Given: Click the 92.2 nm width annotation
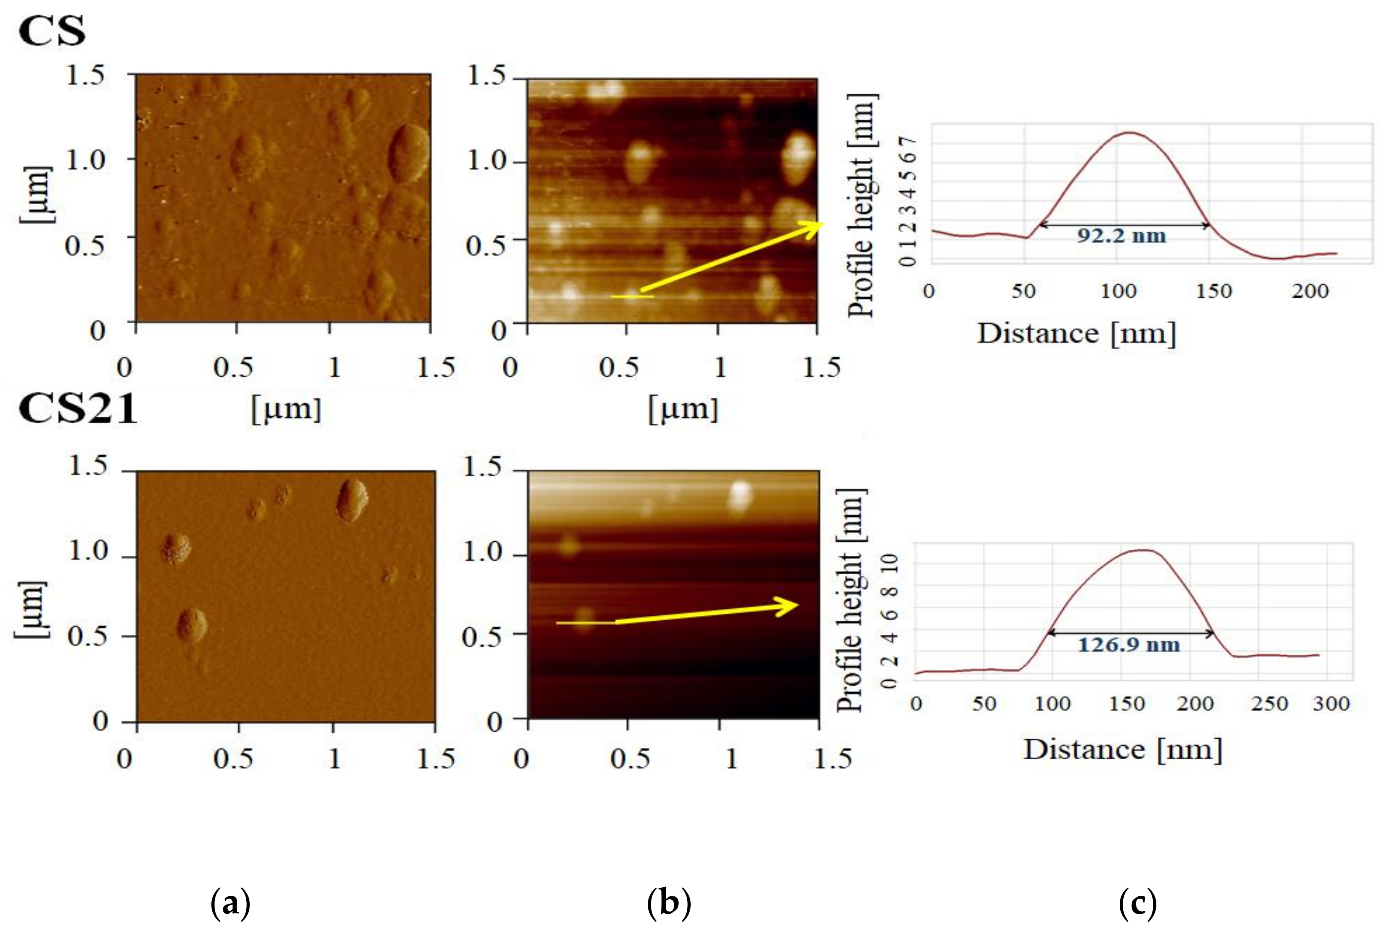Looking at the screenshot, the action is (x=1121, y=235).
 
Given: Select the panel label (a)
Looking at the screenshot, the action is (x=231, y=903).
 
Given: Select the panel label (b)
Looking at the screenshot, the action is (x=669, y=903).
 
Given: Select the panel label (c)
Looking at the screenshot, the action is (x=1138, y=903).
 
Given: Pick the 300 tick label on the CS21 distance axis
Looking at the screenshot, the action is (x=1331, y=704).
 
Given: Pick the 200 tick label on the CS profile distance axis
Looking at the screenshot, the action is (x=1310, y=291).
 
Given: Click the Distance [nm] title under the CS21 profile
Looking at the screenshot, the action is (x=1123, y=749).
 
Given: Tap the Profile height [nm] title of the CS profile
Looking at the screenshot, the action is (x=862, y=206).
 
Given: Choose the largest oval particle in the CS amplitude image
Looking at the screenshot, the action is (x=409, y=153).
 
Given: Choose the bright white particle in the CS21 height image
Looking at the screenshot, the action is (x=740, y=496).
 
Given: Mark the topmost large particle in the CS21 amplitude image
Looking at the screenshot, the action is (x=352, y=501).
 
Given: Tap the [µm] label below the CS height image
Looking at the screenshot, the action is (x=683, y=409).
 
